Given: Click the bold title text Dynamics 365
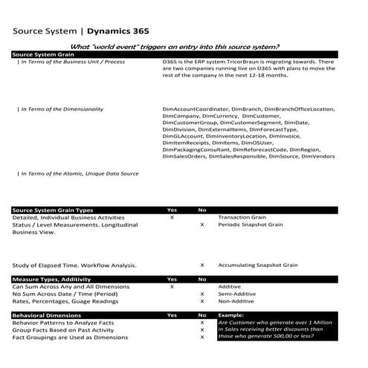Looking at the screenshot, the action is click(x=117, y=32).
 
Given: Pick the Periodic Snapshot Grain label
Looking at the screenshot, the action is click(x=250, y=225).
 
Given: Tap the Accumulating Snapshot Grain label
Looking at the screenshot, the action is click(x=258, y=265).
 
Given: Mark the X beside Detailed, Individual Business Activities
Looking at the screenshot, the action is click(x=172, y=218).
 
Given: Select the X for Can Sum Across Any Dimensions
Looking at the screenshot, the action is click(x=172, y=286).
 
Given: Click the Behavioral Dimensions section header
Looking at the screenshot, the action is click(x=45, y=315).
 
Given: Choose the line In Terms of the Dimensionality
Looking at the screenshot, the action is click(x=59, y=109).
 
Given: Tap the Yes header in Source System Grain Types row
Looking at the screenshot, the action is click(x=172, y=210).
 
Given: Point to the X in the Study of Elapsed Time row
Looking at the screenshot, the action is click(x=202, y=265).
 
